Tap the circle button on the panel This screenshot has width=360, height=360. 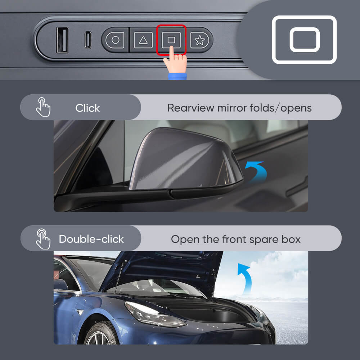115,40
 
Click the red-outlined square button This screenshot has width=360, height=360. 171,40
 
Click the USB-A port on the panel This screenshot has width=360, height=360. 62,40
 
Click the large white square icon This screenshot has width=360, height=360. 304,40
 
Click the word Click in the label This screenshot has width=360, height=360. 87,108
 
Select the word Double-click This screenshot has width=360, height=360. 91,239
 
